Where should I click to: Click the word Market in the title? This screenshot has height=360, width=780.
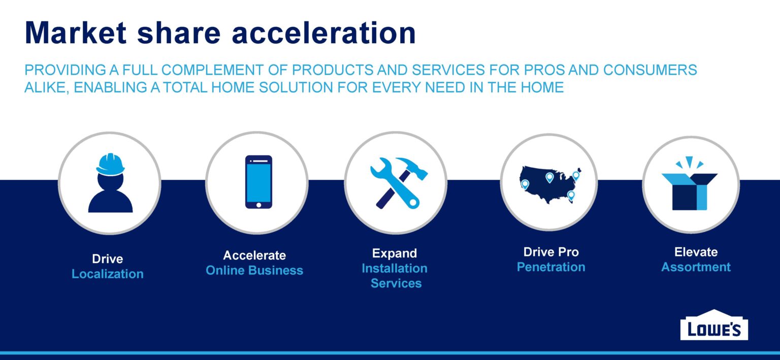tap(76, 32)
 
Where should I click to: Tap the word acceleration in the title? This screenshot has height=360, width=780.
tap(324, 32)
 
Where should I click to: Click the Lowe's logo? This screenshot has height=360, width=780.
tap(714, 325)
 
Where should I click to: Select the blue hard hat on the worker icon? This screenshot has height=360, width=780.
tap(110, 165)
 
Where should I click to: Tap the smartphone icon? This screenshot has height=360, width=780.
tap(258, 182)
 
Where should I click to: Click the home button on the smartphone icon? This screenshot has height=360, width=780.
tap(258, 205)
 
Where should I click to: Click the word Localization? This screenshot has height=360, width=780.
tap(108, 274)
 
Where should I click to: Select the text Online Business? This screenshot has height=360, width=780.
tap(254, 271)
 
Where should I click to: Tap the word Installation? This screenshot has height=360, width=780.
tap(395, 269)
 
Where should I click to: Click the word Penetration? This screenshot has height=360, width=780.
tap(551, 267)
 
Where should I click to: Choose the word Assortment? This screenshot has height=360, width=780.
tap(696, 267)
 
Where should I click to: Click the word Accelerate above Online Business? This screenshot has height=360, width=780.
tap(254, 255)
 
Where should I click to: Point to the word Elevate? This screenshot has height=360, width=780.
tap(696, 252)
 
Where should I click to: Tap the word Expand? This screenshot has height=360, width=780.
tap(395, 253)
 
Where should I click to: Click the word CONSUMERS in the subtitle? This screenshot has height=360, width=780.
tap(650, 70)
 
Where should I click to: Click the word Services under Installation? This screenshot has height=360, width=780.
tap(396, 283)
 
